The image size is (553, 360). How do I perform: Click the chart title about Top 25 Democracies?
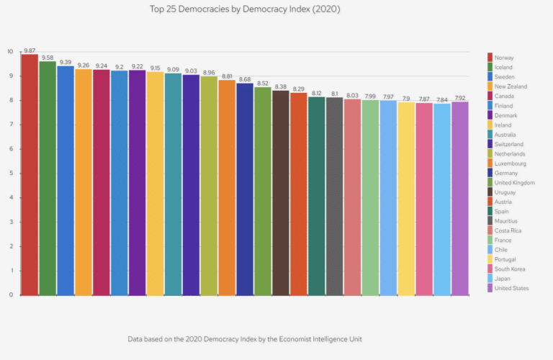246,10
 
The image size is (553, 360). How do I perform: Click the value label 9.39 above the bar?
66,62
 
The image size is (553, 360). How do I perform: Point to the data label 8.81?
227,76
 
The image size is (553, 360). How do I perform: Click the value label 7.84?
442,100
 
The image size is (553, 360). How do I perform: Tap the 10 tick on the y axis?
10,52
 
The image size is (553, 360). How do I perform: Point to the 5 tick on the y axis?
11,173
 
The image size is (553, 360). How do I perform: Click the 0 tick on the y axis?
11,294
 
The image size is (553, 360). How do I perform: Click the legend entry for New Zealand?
511,86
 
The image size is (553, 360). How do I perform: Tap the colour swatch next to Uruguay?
490,192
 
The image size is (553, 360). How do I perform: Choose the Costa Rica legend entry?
508,230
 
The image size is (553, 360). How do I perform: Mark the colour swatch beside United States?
490,288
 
